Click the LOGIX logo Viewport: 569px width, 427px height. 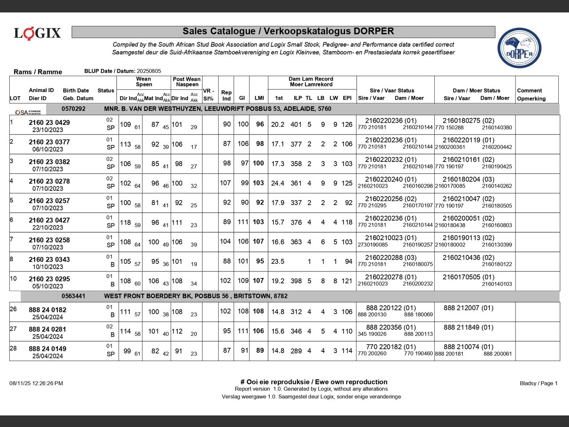tap(37, 33)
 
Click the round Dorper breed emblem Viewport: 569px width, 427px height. tap(519, 48)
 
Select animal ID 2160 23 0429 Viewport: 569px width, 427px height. tap(49, 122)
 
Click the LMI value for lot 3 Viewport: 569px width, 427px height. tap(258, 163)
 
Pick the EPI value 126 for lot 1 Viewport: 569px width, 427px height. tap(347, 125)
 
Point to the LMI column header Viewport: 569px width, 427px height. tap(259, 98)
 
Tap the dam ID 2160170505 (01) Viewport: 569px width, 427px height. tap(468, 277)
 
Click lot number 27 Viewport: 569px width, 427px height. tap(13, 329)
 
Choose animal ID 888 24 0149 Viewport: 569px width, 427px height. tap(48, 349)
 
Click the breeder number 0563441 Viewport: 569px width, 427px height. tap(73, 296)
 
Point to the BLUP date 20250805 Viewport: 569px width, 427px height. tap(149, 71)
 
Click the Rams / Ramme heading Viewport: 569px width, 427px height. tap(38, 72)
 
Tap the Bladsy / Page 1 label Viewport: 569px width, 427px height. tap(538, 383)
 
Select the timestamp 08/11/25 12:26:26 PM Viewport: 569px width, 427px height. tap(36, 383)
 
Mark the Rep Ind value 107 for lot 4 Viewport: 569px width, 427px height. tap(225, 183)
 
